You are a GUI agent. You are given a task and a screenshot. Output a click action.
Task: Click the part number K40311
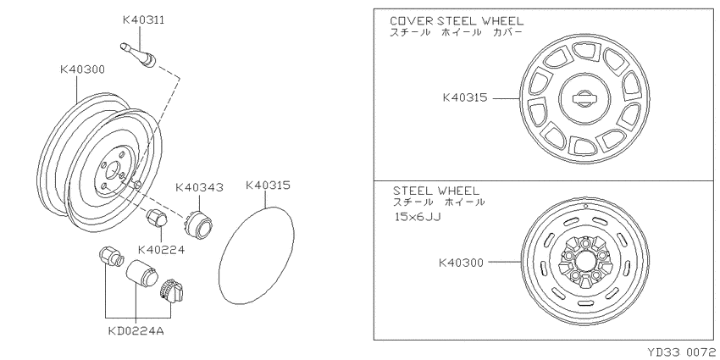[x=143, y=20]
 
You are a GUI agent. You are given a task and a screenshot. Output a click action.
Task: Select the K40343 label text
[x=199, y=187]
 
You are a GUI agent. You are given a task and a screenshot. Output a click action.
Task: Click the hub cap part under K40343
[x=198, y=224]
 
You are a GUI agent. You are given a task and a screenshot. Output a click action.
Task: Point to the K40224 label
[x=161, y=250]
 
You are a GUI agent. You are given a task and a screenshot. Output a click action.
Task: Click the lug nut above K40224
[x=157, y=219]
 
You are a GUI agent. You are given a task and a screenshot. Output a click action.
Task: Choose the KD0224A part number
[x=136, y=331]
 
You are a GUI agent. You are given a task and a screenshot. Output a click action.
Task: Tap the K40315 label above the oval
[x=268, y=185]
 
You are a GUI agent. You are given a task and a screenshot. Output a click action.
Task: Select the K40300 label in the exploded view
[x=83, y=69]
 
